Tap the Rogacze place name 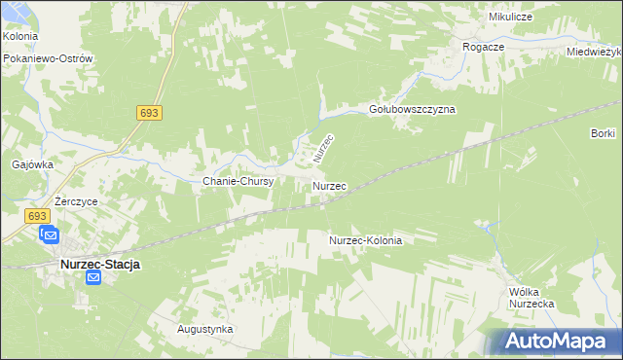[x=484, y=46]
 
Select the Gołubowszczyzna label [x=412, y=110]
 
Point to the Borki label [x=603, y=132]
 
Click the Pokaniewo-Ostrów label [x=48, y=58]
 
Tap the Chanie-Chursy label [x=238, y=181]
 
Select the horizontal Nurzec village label [x=330, y=185]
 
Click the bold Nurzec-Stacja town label [x=100, y=264]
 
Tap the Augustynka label [x=204, y=329]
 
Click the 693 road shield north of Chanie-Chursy [x=149, y=114]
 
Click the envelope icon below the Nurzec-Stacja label [x=93, y=279]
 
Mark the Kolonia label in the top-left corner [x=20, y=36]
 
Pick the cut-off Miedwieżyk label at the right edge [x=595, y=52]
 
